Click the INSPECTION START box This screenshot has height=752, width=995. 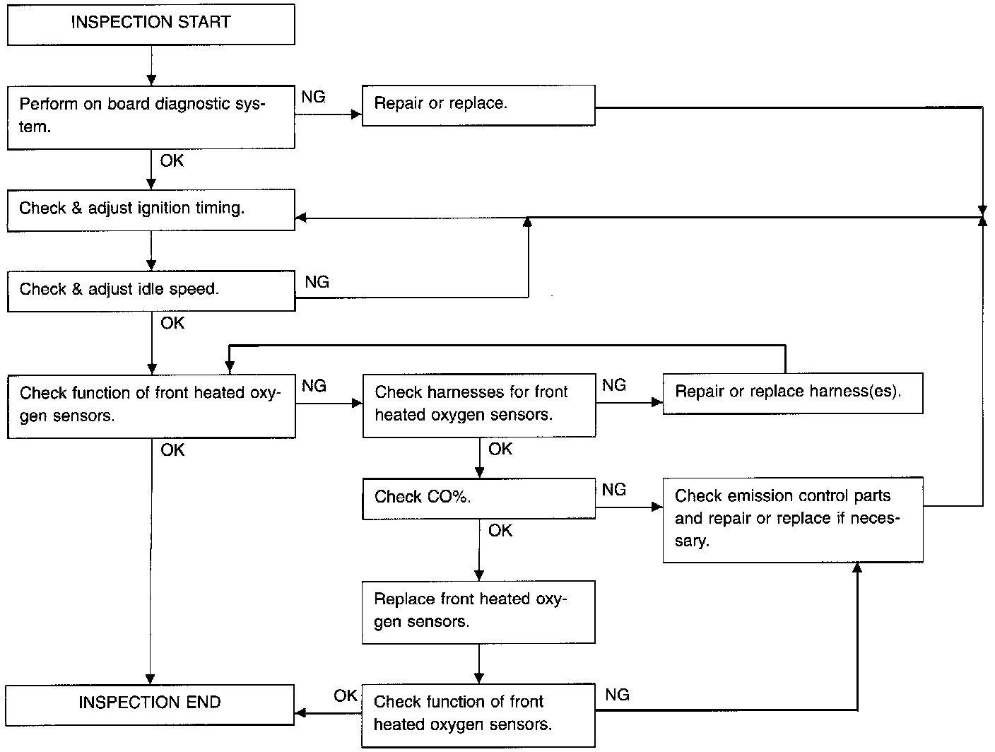coord(151,25)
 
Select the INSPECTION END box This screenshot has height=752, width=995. coord(150,705)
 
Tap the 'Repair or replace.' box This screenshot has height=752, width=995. coord(478,105)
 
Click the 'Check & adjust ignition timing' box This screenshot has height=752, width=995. coord(151,211)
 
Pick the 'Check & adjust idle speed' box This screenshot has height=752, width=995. coord(151,291)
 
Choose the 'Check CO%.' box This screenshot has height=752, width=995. coord(478,498)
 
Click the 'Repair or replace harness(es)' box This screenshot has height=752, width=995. coord(793,394)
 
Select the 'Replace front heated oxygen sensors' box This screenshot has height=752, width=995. coord(478,612)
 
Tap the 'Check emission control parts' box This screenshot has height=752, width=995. coord(793,520)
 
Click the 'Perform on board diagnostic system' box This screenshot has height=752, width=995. coord(151,117)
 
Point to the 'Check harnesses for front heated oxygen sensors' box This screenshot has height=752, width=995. coord(479,406)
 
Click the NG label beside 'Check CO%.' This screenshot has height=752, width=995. coord(614,490)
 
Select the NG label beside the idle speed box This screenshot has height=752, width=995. coord(317,282)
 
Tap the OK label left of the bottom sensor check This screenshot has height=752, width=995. coord(346,695)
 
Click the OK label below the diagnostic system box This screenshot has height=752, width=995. coord(172,160)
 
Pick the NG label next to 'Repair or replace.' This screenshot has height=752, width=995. coord(313,97)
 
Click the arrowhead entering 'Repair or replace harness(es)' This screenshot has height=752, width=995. coord(657,402)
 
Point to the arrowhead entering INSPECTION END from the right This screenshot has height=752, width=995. coord(300,713)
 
